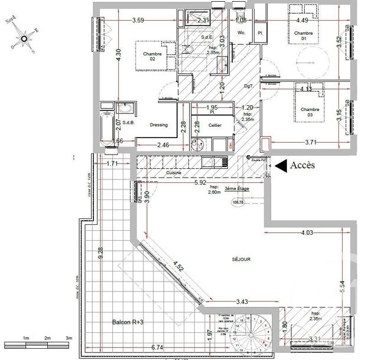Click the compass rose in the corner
click(24, 39)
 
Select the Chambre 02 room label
click(152, 57)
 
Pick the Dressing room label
click(159, 125)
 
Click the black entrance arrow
click(281, 166)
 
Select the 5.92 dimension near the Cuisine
click(201, 182)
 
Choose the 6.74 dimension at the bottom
click(157, 348)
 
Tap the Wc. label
click(241, 32)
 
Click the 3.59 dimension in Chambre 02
click(138, 21)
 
